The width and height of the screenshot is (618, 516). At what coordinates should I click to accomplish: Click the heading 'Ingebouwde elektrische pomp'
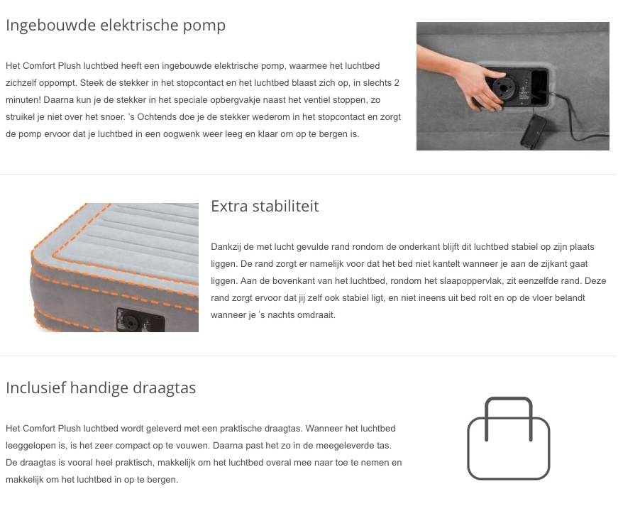coord(116,26)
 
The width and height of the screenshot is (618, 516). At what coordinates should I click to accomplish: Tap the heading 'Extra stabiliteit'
coord(265,206)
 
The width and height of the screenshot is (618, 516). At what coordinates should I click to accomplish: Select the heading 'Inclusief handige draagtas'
coord(101,388)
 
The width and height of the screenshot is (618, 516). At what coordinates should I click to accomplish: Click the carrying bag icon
coord(509,438)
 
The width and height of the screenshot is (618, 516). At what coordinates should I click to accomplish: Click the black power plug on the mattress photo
coord(534,131)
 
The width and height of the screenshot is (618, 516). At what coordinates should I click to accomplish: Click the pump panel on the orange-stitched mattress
coord(140,319)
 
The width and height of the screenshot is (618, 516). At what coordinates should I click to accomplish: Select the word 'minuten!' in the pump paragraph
coord(23,100)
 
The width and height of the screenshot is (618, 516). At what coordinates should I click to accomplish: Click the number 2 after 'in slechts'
coord(397,83)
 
